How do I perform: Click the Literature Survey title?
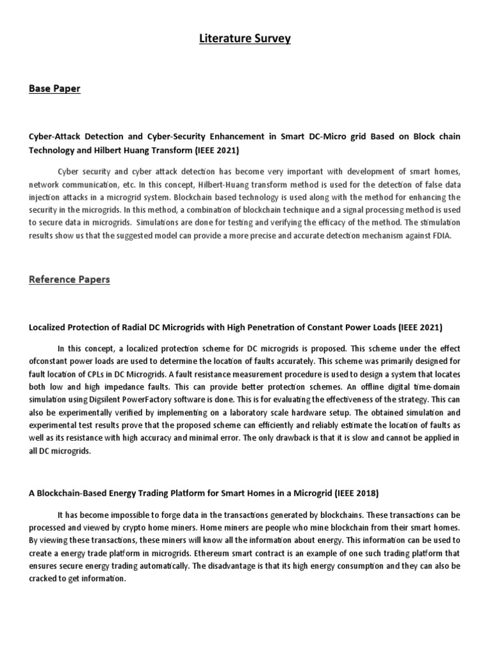coord(244,39)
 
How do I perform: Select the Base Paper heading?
coord(55,89)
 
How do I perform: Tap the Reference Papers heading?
coord(69,279)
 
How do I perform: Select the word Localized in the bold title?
coord(50,327)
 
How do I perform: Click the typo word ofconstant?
coord(50,361)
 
